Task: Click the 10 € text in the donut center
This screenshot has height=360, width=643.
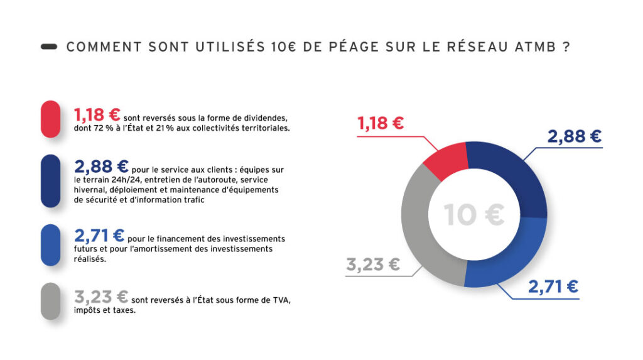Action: (x=474, y=215)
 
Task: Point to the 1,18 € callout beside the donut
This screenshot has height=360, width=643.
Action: (x=381, y=123)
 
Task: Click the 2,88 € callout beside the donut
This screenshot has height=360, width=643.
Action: (x=574, y=136)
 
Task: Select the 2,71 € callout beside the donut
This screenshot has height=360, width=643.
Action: (x=553, y=286)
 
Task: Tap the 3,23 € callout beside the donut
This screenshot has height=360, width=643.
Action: (x=372, y=265)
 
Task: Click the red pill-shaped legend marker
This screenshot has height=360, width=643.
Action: (x=50, y=119)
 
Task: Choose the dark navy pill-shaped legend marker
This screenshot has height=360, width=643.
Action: (x=50, y=181)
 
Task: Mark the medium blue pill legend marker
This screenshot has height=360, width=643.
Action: (x=50, y=245)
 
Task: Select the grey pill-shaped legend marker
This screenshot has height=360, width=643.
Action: (x=50, y=301)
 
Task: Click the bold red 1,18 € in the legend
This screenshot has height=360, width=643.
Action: (x=97, y=115)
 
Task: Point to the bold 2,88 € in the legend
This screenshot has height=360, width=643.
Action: (x=101, y=166)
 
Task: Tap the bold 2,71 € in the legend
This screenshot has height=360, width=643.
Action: (x=99, y=236)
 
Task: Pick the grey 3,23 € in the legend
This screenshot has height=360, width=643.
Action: (x=101, y=297)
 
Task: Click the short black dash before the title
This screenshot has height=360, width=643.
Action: (x=49, y=47)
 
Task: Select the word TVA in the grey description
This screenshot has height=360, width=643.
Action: (x=281, y=300)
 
